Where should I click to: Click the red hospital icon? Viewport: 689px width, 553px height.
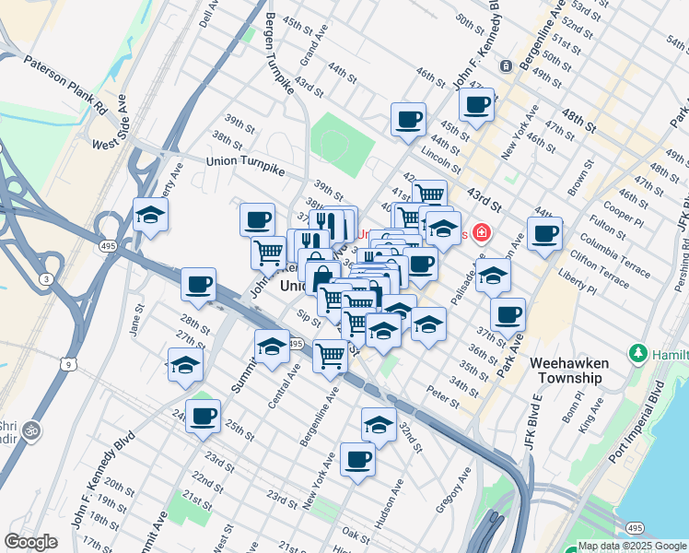click(x=479, y=233)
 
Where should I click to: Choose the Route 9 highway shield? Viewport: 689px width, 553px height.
click(x=70, y=364)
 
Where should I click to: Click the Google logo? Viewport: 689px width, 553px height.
click(x=31, y=542)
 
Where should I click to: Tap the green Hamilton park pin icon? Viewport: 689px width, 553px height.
click(x=636, y=353)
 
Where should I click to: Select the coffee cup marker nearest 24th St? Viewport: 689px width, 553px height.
click(x=203, y=416)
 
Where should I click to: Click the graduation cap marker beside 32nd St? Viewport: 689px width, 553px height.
click(x=378, y=424)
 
